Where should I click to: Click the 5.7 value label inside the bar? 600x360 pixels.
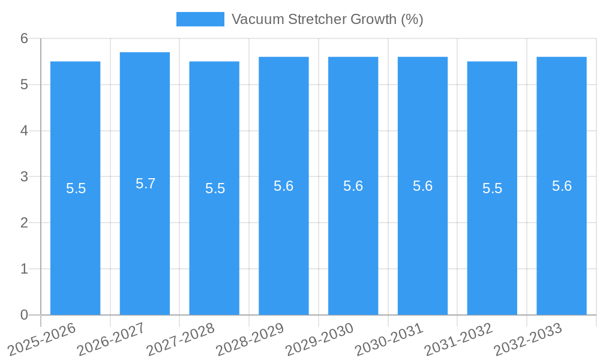click(145, 184)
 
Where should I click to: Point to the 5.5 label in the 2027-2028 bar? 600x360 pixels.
click(215, 188)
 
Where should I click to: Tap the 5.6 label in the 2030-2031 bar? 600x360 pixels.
click(422, 186)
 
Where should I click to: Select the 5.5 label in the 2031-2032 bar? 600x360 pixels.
click(492, 188)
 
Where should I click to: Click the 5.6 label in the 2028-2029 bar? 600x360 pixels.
click(283, 186)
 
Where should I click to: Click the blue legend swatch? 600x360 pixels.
click(200, 19)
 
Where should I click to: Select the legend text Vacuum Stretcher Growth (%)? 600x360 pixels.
click(327, 19)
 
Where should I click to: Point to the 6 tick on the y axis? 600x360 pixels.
click(25, 38)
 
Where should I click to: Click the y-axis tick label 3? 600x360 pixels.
click(25, 177)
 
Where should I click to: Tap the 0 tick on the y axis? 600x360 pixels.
click(25, 315)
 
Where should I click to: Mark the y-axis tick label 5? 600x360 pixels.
click(25, 85)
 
